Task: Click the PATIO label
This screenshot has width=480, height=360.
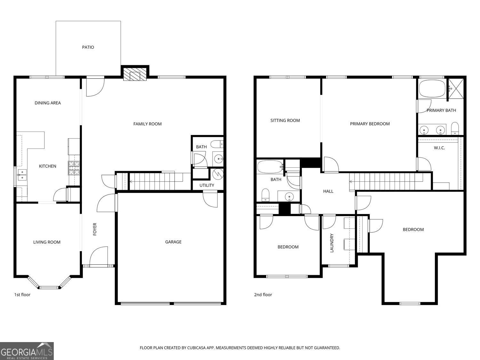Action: click(88, 47)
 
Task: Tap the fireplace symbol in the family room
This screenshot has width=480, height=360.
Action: click(135, 75)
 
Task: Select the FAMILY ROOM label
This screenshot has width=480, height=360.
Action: click(147, 124)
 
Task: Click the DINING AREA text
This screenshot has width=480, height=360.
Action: click(48, 103)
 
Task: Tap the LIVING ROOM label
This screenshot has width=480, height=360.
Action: click(47, 242)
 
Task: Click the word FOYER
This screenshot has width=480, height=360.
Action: click(95, 229)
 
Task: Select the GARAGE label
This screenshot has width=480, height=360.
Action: click(173, 242)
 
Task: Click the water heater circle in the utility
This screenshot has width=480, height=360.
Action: click(218, 174)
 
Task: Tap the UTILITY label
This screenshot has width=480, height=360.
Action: click(207, 186)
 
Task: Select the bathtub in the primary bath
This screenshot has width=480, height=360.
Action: click(432, 89)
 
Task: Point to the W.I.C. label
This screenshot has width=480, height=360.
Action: click(439, 148)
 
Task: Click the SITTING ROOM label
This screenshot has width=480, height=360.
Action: click(285, 121)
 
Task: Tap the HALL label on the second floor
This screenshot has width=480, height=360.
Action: click(328, 191)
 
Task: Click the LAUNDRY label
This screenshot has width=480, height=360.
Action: click(332, 243)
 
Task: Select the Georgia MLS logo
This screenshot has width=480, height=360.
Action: click(27, 351)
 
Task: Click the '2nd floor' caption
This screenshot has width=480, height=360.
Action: click(263, 295)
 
